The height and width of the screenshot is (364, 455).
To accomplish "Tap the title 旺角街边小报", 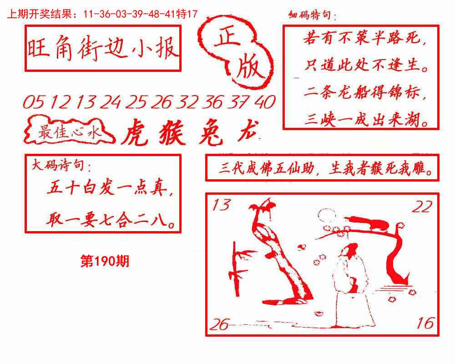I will point(102,49).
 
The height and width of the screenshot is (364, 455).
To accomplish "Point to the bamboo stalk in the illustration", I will point(237,268).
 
